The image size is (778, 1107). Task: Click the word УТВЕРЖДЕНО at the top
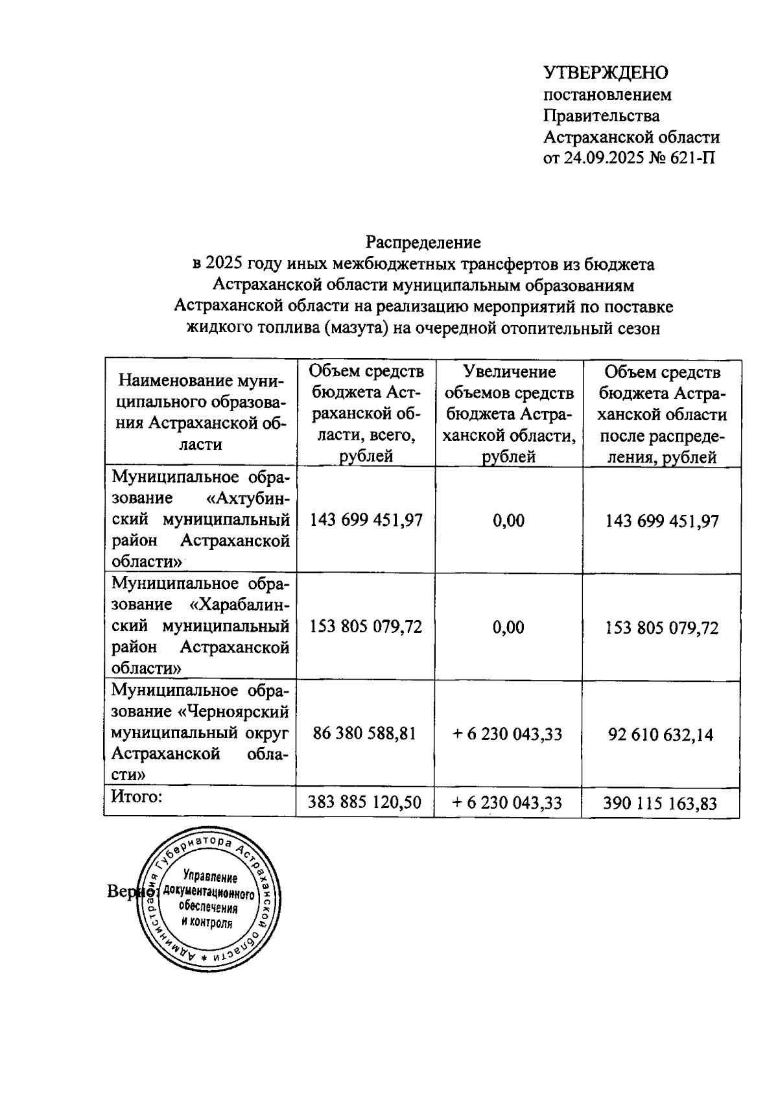[x=606, y=72]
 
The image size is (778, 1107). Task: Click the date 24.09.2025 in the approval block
[x=602, y=158]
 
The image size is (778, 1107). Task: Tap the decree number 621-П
[x=693, y=158]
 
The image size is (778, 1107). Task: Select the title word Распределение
[x=423, y=243]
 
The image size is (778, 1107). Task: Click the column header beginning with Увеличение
[x=509, y=414]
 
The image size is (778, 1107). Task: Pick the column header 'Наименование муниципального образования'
[x=201, y=412]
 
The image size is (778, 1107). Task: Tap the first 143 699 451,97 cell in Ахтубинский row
[x=366, y=520]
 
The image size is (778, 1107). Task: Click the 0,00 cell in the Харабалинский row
[x=509, y=627]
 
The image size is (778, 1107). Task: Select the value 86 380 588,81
[x=364, y=733]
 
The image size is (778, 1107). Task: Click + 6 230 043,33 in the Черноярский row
[x=507, y=734]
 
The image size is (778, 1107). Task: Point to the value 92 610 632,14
[x=661, y=734]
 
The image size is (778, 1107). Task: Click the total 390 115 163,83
[x=660, y=803]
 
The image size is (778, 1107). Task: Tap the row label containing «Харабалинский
[x=201, y=626]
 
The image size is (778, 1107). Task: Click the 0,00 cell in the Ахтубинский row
[x=509, y=520]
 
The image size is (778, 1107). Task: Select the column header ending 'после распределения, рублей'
[x=661, y=414]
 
